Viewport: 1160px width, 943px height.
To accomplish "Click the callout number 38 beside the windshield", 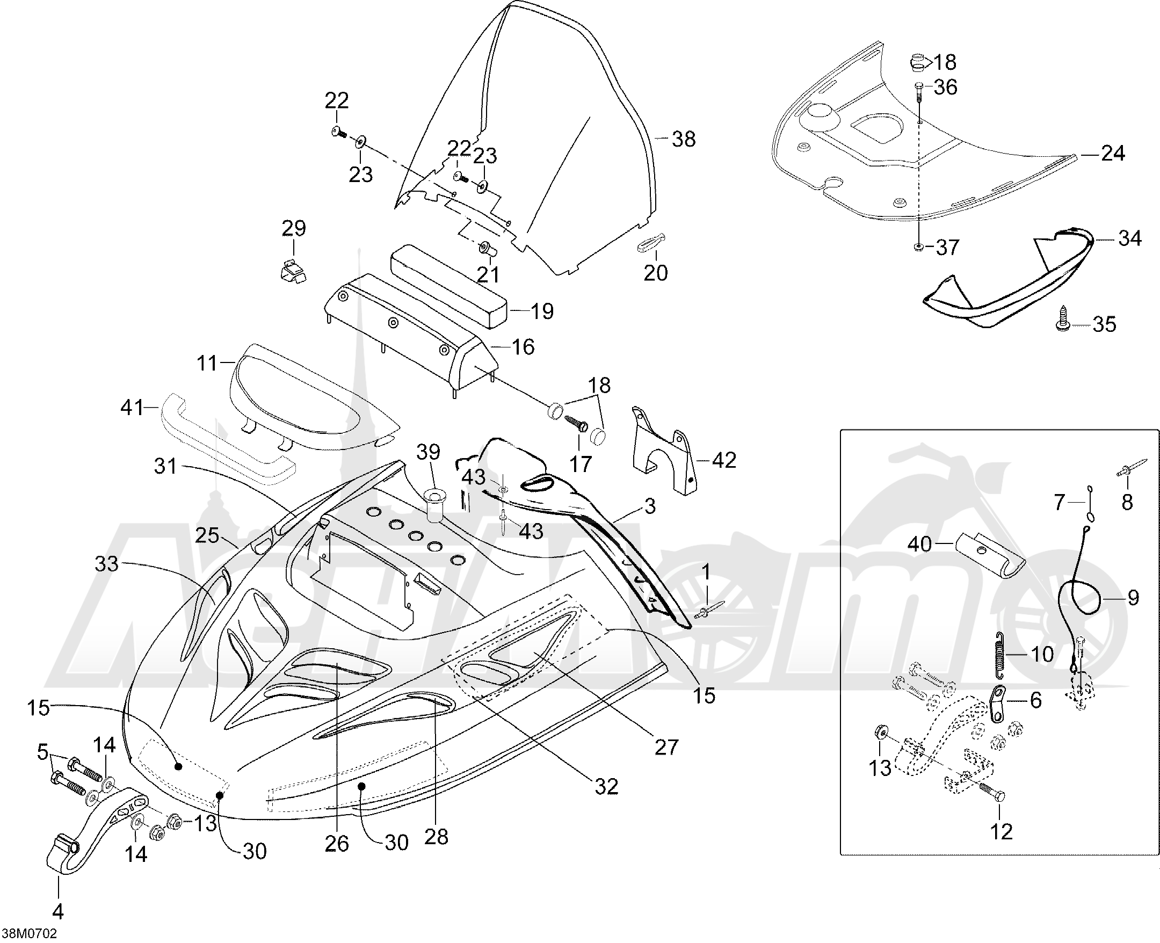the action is click(x=684, y=139).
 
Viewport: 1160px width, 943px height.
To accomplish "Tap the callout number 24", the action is click(x=1113, y=154).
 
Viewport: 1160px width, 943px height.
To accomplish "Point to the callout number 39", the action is click(x=429, y=453).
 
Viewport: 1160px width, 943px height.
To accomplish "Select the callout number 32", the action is click(x=606, y=786).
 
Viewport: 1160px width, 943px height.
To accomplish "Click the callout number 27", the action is click(x=666, y=748).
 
